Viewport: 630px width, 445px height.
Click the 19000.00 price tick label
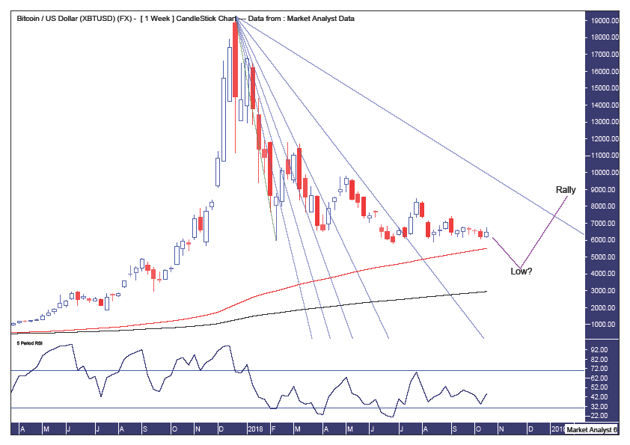tap(605, 22)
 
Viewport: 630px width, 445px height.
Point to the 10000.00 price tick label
tap(605, 173)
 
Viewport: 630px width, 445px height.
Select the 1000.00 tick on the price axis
tap(605, 325)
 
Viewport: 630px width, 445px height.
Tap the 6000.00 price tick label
tap(605, 240)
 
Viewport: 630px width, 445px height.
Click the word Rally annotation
tap(565, 190)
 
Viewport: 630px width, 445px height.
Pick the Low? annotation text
tap(522, 270)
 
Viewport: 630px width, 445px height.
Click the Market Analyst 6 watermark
tap(591, 430)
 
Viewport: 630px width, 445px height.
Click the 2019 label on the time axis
tap(558, 430)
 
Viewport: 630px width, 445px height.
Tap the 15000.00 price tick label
tap(605, 89)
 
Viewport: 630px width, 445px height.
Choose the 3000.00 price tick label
tap(605, 291)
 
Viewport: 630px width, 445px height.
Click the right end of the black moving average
tap(487, 292)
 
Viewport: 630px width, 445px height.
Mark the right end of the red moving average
tap(487, 248)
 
